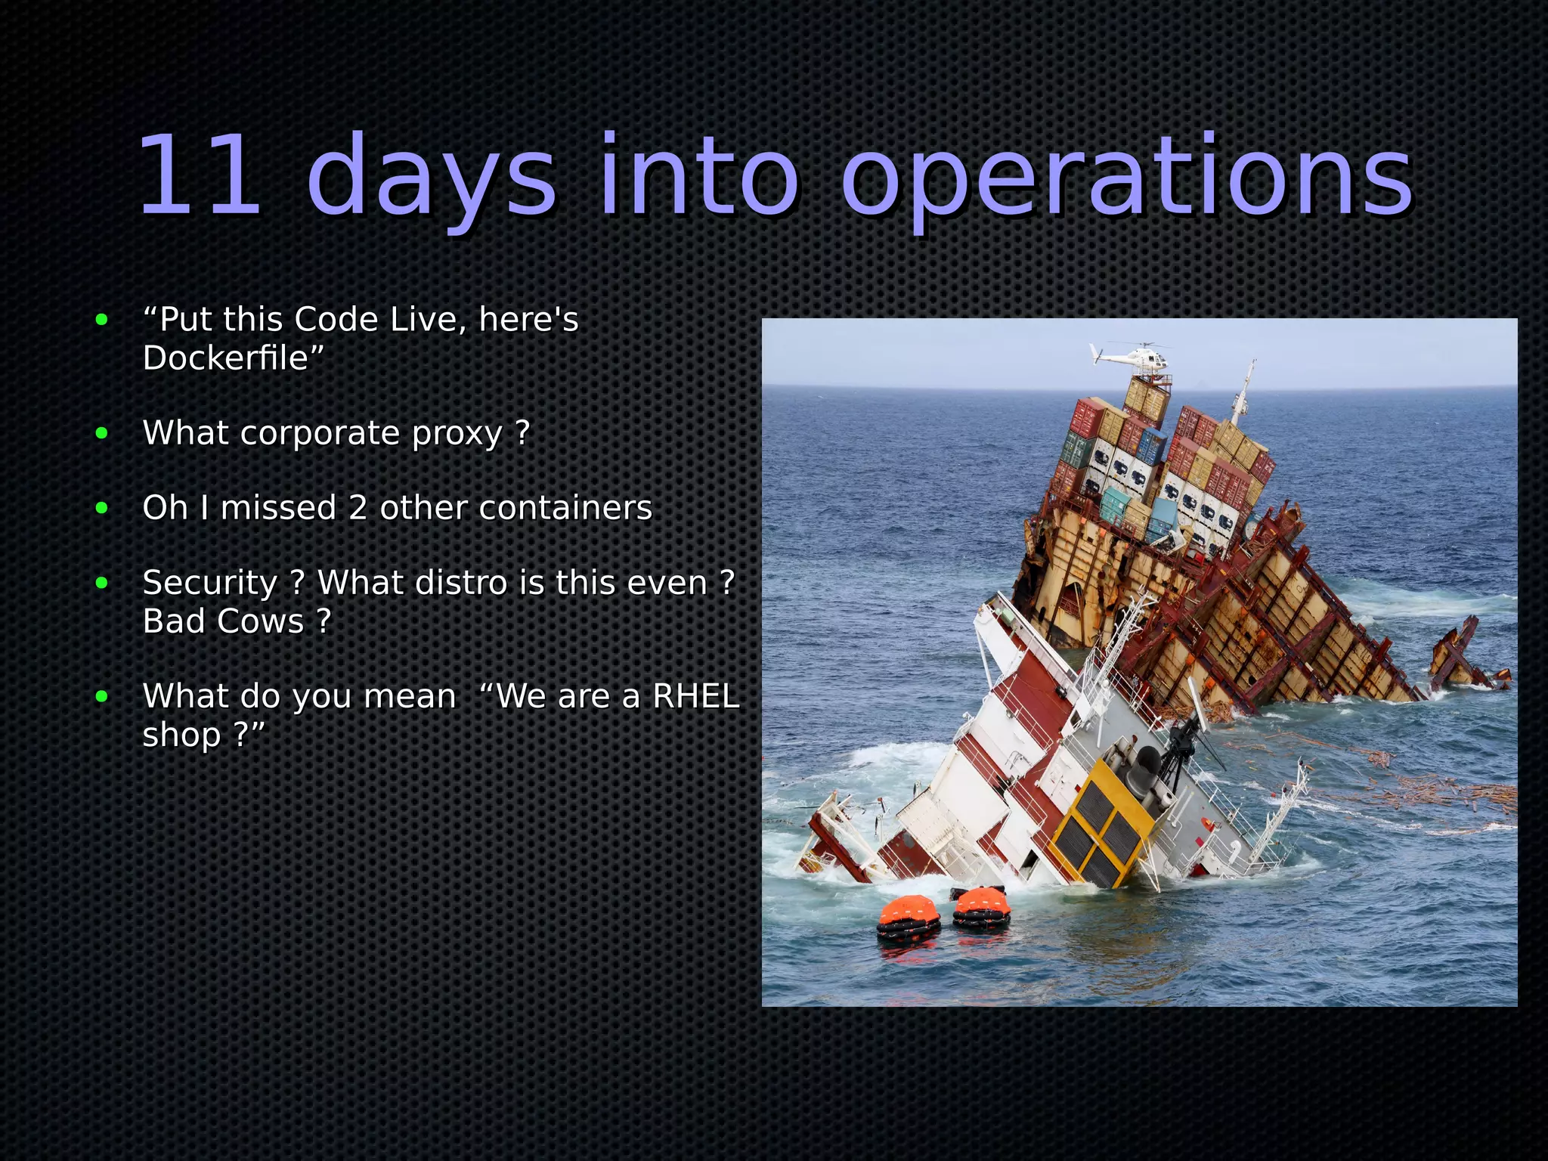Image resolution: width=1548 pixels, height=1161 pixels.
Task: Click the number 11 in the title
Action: coord(200,175)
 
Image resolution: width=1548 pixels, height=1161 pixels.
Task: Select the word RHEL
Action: coord(695,696)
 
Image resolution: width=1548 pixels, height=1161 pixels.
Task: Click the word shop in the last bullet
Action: coord(181,735)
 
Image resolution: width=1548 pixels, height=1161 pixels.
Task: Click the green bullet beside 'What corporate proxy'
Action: coord(102,434)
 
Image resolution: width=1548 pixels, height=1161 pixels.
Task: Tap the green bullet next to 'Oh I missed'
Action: coord(102,509)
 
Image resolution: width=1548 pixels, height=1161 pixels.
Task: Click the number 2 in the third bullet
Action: coord(358,508)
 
